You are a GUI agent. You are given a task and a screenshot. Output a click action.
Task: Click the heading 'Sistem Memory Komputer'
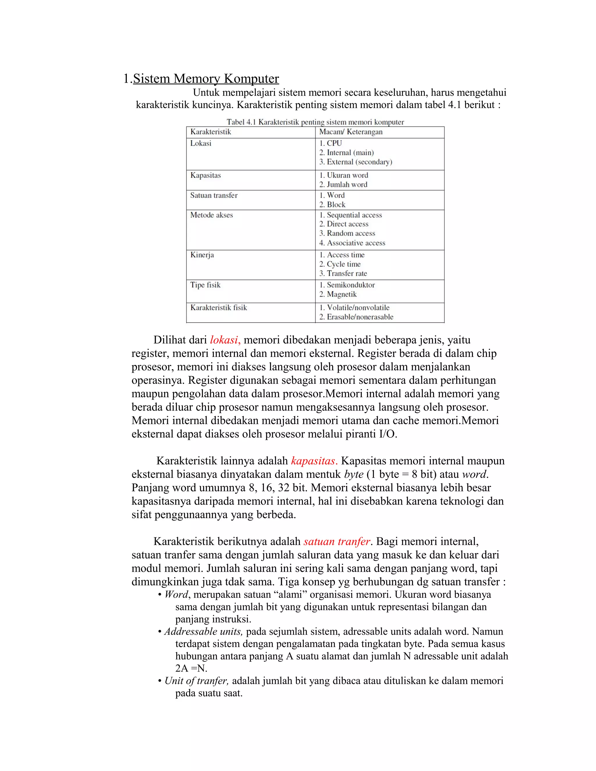click(205, 78)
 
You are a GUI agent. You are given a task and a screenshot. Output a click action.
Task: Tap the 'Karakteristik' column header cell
click(210, 132)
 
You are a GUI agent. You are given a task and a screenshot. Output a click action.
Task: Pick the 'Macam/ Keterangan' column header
click(351, 132)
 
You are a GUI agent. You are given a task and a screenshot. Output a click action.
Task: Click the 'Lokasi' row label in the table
click(201, 143)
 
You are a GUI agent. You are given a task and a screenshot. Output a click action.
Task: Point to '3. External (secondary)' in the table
click(356, 162)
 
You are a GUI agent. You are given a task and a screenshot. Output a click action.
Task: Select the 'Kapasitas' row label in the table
click(205, 175)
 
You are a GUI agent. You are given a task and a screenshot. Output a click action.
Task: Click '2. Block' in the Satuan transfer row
click(332, 205)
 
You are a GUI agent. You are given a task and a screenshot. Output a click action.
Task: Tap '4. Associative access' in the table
click(352, 243)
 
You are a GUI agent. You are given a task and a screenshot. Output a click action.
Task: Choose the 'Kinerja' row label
click(202, 255)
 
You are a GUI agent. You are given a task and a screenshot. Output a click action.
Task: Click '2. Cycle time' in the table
click(340, 264)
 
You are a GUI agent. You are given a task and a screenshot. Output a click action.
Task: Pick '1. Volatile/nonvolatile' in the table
click(354, 308)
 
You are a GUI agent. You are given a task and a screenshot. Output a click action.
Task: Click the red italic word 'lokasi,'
click(225, 340)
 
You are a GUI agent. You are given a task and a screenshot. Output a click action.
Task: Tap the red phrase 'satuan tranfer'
click(336, 541)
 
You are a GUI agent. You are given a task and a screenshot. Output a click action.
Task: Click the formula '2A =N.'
click(191, 668)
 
